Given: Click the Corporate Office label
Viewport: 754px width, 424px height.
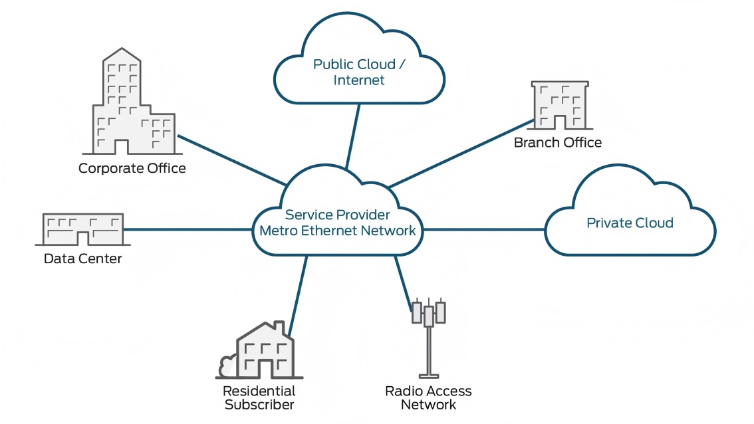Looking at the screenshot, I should click(132, 168).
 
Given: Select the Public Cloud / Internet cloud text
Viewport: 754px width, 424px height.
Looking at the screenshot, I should click(359, 72).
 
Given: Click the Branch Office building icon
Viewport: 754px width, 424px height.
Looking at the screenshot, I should click(560, 105).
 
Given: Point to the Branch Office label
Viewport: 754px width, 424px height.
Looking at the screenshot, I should click(557, 143).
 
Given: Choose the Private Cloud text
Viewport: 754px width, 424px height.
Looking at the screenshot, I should click(629, 223).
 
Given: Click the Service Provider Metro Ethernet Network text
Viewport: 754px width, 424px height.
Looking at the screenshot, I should click(337, 223).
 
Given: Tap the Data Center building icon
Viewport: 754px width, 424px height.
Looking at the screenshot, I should click(83, 229).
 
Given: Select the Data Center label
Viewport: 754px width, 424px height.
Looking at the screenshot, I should click(82, 259).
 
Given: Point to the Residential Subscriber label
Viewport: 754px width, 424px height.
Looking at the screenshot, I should click(259, 397).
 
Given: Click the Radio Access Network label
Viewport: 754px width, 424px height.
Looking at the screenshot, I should click(428, 397).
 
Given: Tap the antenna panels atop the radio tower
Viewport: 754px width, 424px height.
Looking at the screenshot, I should click(428, 312).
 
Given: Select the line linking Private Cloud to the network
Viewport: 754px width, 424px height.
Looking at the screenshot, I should click(484, 230).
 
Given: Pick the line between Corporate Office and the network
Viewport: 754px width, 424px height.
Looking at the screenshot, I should click(229, 159).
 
